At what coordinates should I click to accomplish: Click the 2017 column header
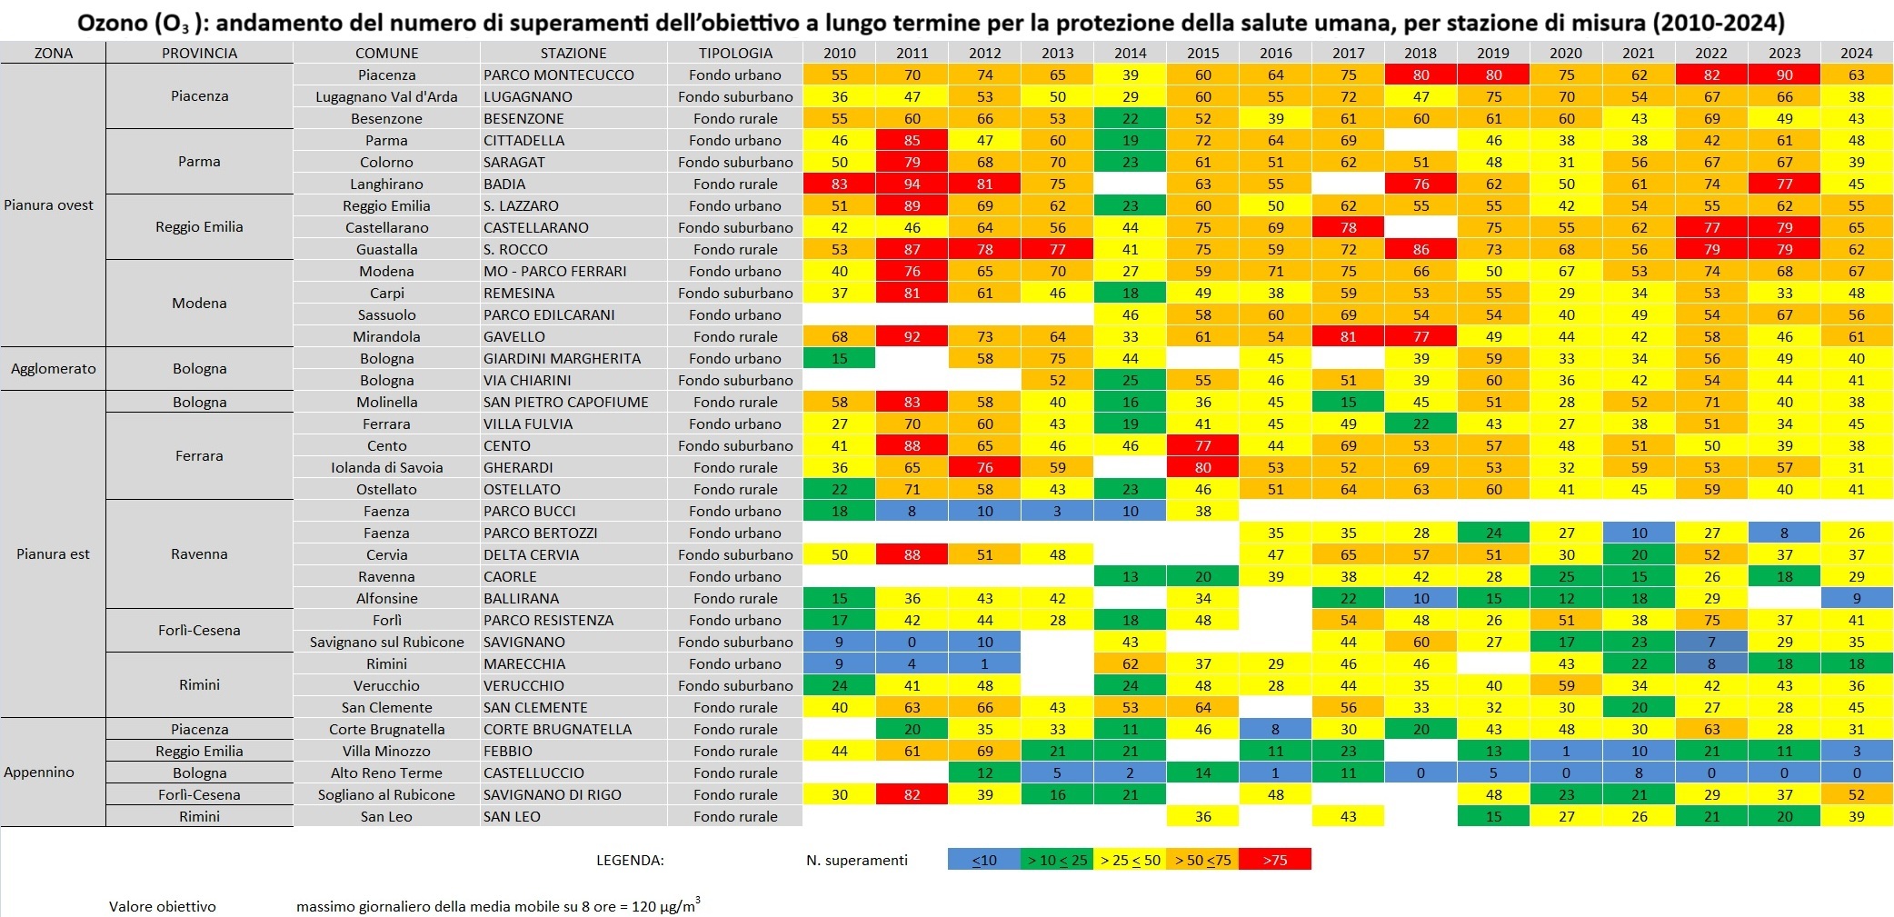(1348, 53)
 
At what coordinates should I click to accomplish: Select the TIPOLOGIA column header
(735, 53)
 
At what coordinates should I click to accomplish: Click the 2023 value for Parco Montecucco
(1784, 75)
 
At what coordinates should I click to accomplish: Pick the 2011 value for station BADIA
(912, 184)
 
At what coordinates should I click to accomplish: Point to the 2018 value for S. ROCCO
(1420, 249)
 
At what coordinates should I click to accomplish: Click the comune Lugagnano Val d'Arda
(386, 96)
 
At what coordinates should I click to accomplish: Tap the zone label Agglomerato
(53, 369)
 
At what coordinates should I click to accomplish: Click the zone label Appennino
(39, 772)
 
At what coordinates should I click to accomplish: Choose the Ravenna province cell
(199, 554)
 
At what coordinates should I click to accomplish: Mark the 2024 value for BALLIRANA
(1857, 598)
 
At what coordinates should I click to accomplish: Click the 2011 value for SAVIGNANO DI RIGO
(912, 794)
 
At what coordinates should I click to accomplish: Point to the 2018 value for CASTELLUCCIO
(1420, 772)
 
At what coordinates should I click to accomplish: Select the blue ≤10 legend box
(983, 860)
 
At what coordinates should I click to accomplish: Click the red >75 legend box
(1274, 860)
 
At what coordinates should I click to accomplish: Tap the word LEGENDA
(630, 860)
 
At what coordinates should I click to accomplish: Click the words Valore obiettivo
(163, 906)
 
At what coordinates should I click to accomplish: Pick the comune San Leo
(386, 816)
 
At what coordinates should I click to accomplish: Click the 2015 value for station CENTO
(1202, 445)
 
